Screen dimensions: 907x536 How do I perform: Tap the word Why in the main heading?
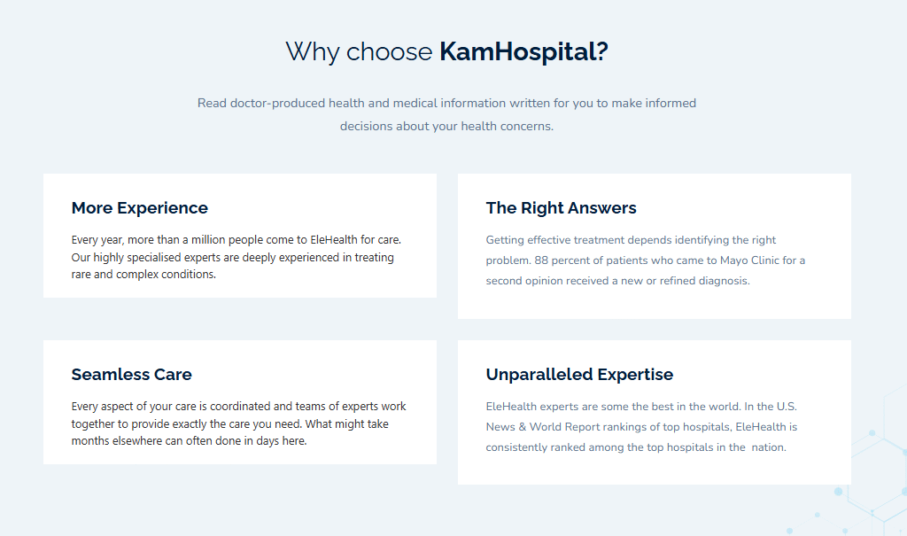tap(313, 52)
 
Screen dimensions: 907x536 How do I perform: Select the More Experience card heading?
tap(139, 208)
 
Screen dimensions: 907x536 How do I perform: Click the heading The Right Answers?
tap(561, 208)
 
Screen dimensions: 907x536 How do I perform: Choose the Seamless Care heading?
tap(131, 375)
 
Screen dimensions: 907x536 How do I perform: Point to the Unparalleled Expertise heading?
tap(579, 375)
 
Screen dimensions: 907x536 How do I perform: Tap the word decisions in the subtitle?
tap(366, 126)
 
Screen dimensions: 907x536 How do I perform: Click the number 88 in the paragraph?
tap(541, 260)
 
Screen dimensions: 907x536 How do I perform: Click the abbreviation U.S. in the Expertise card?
tap(787, 407)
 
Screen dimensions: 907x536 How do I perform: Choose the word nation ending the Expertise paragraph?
tap(769, 447)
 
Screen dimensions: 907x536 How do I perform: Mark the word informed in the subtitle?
tap(671, 103)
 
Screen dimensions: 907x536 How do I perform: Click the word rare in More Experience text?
tap(81, 275)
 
